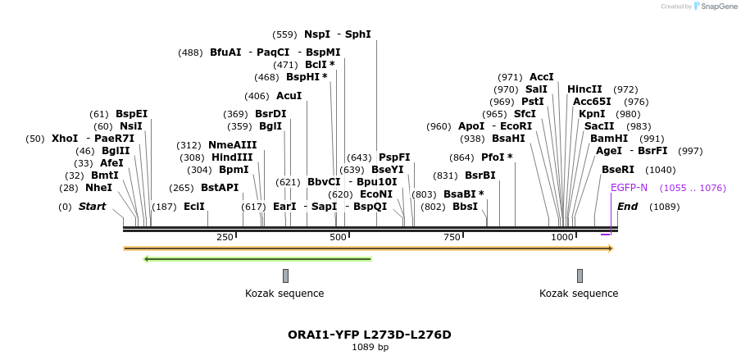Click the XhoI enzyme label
[x=65, y=139]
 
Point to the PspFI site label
[x=394, y=157]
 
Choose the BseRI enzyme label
[x=618, y=170]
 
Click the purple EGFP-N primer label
[x=629, y=188]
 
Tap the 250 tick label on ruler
[x=225, y=237]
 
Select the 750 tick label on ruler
[x=452, y=237]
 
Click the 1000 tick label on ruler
[x=562, y=237]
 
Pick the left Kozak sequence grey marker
[x=285, y=276]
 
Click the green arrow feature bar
[x=257, y=259]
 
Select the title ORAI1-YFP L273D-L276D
[x=370, y=335]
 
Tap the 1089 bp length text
[x=370, y=348]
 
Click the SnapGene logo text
[x=718, y=7]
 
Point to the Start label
[x=92, y=207]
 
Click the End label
[x=628, y=207]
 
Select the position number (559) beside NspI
[x=284, y=34]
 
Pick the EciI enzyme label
[x=194, y=207]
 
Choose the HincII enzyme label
[x=584, y=89]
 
